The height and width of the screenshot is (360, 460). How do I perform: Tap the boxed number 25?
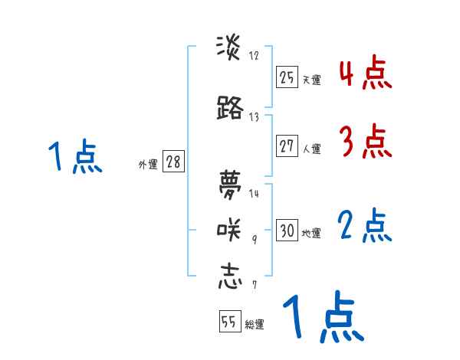tap(287, 77)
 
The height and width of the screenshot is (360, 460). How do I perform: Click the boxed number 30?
tap(287, 231)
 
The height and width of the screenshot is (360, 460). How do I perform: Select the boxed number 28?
tap(173, 162)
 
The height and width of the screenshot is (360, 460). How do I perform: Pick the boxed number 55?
tap(229, 322)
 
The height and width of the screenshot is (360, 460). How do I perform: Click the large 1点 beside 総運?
tap(323, 317)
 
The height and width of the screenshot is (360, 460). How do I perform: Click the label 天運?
tap(311, 79)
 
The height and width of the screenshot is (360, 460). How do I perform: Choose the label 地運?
tap(311, 233)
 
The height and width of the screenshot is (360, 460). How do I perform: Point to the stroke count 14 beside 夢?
tap(254, 193)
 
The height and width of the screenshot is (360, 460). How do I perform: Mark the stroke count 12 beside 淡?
tap(254, 55)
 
